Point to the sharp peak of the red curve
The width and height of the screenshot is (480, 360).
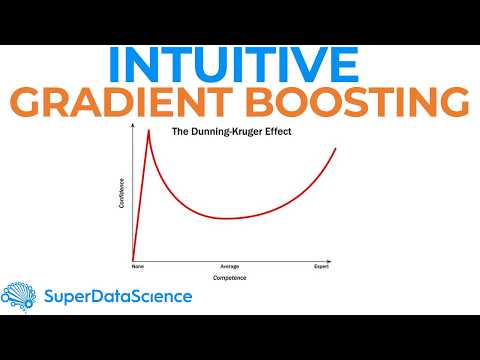[x=149, y=130]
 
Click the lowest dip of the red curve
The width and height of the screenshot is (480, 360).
[x=231, y=218]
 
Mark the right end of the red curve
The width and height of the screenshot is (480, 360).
[x=336, y=148]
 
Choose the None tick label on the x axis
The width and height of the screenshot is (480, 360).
[x=138, y=267]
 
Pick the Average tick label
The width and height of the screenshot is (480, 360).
[x=229, y=267]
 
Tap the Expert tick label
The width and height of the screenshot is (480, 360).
[x=321, y=267]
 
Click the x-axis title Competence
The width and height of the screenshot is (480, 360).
[x=229, y=277]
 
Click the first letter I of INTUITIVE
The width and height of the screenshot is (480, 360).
[x=116, y=65]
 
